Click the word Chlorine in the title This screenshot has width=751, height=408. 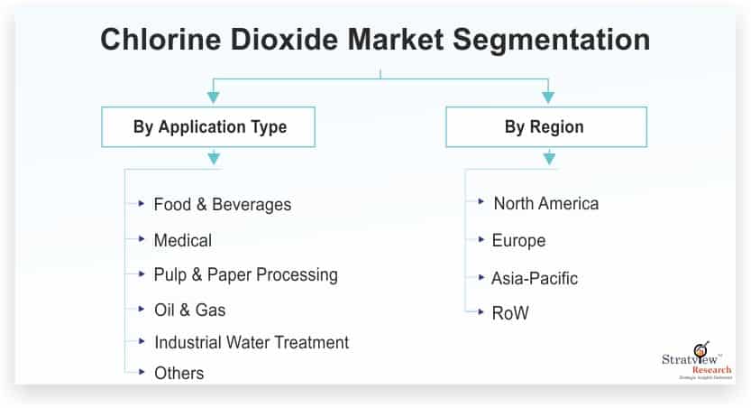click(x=153, y=41)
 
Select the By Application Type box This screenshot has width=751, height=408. click(x=210, y=127)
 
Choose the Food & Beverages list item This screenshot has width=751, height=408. click(x=223, y=204)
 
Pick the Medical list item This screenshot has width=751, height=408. click(x=183, y=240)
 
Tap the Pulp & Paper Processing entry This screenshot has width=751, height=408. click(x=245, y=274)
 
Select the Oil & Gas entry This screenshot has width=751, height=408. click(x=189, y=310)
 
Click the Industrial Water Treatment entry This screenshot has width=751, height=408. click(x=252, y=342)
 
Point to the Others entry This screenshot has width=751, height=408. click(x=179, y=373)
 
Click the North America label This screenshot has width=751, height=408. click(x=545, y=203)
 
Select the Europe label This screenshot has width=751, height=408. click(x=518, y=241)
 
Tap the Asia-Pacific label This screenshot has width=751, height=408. click(x=535, y=278)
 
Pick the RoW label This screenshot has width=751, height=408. click(x=510, y=313)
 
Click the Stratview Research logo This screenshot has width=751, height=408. click(x=697, y=361)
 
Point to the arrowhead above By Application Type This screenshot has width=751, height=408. click(x=213, y=97)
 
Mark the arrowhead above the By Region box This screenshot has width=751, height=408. click(x=547, y=97)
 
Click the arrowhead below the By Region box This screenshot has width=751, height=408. click(x=548, y=160)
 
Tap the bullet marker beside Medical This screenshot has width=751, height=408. click(x=142, y=239)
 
